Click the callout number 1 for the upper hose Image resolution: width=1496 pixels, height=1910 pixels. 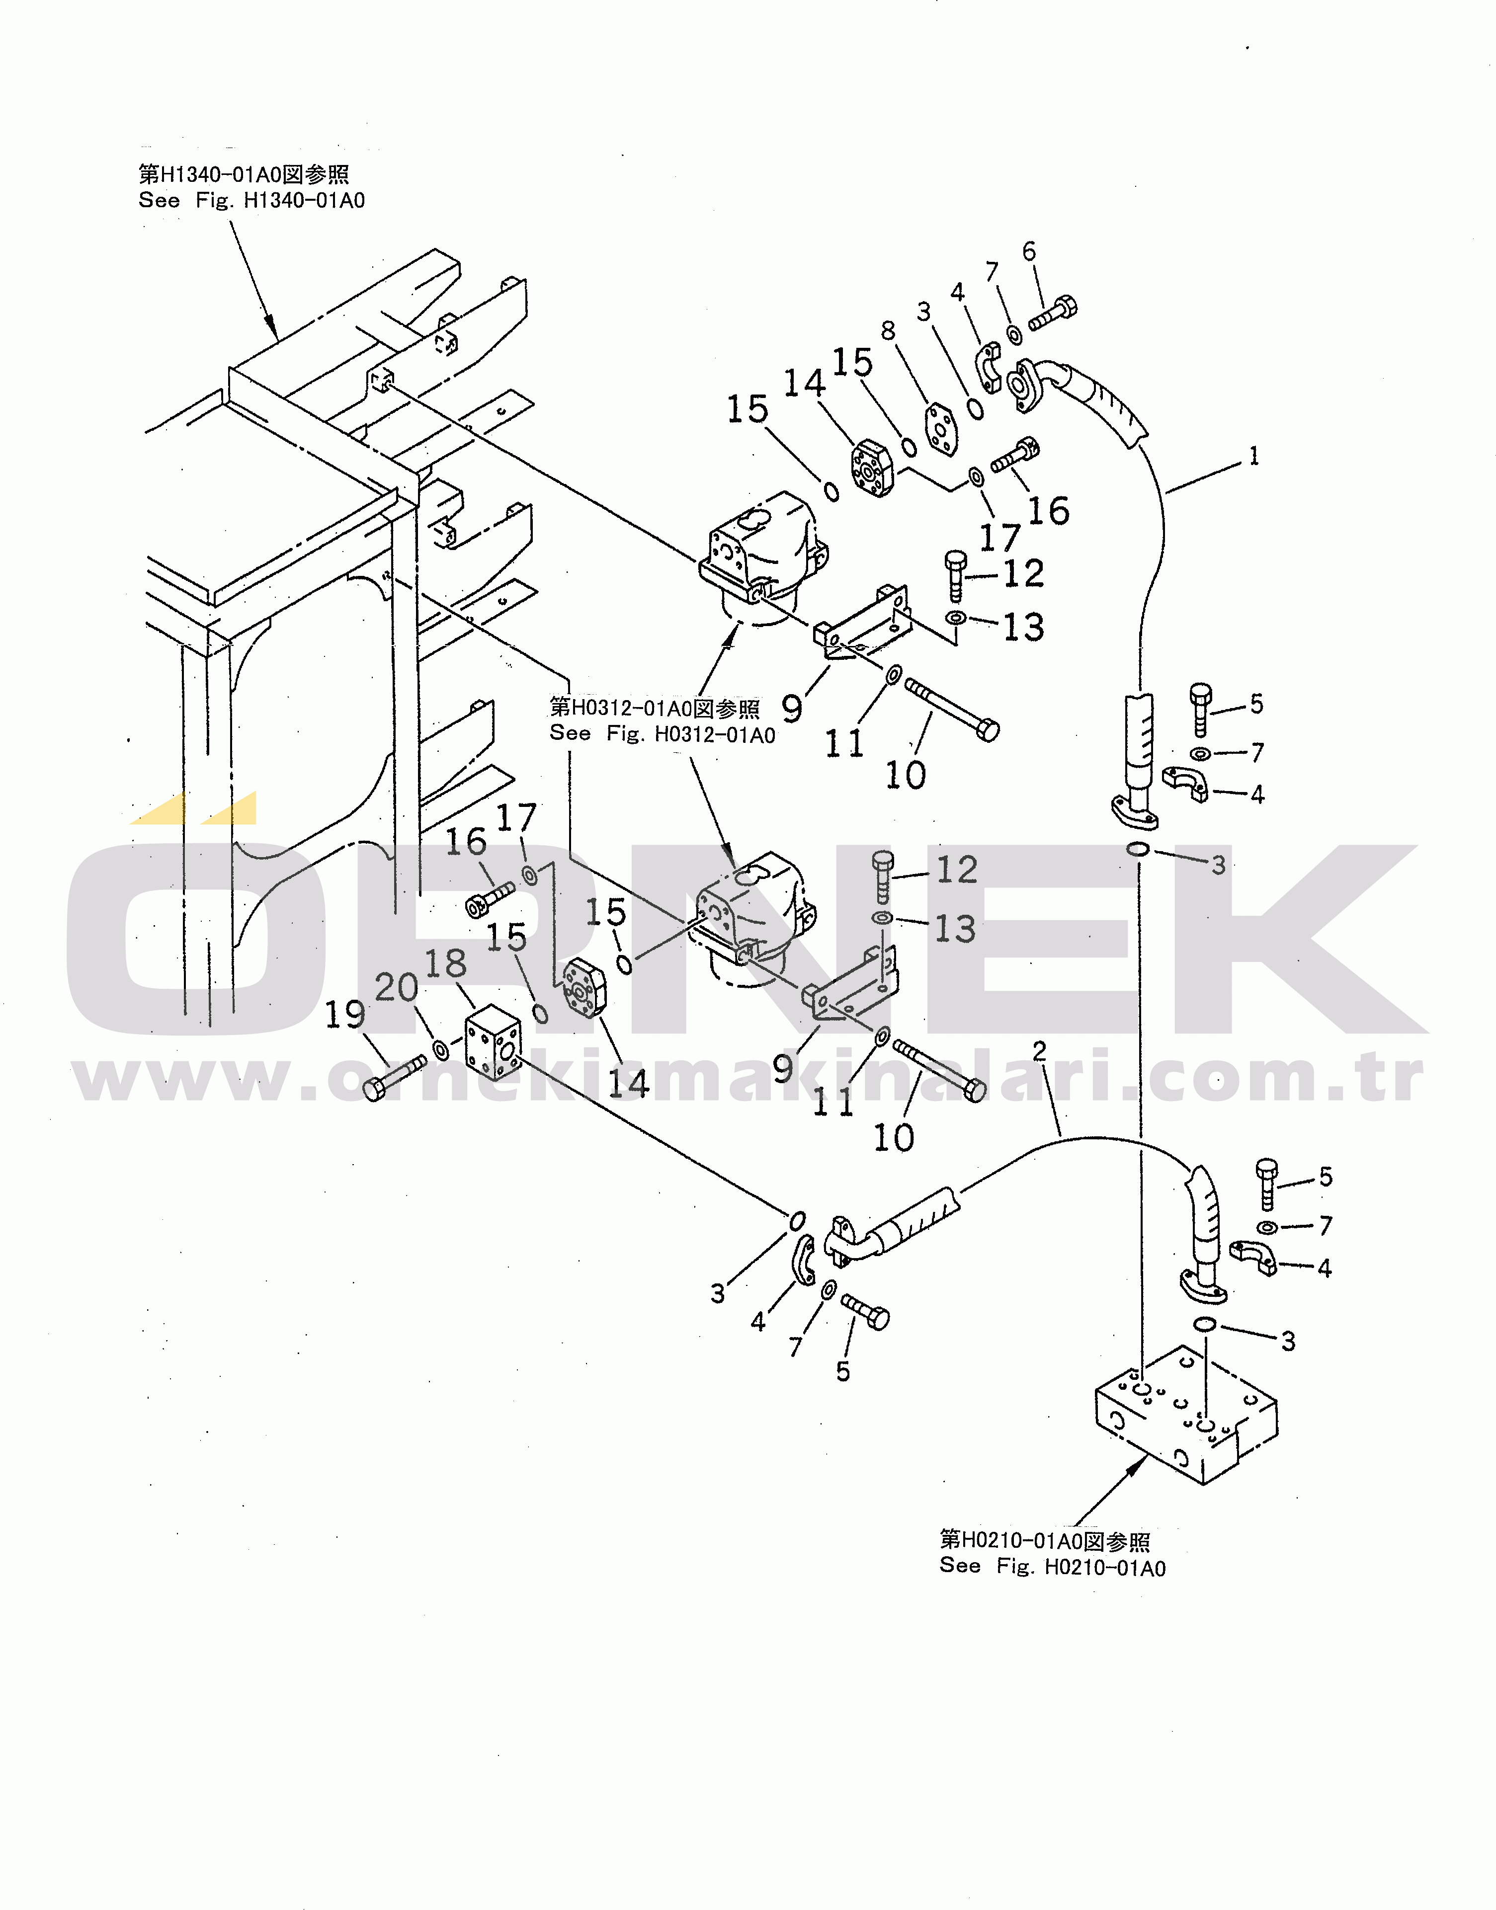pos(1253,456)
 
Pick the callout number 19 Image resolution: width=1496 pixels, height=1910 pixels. pos(345,1015)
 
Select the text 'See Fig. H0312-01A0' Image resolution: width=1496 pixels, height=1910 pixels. pos(662,734)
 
